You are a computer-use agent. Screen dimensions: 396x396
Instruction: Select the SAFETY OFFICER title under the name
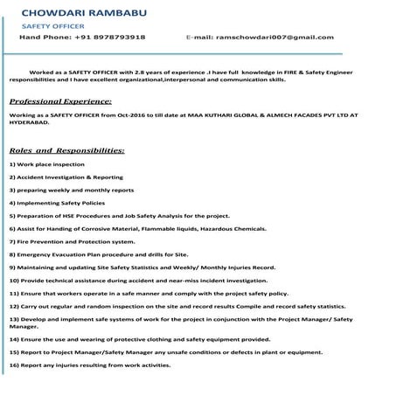52,27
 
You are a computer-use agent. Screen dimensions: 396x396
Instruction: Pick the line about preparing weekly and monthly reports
72,189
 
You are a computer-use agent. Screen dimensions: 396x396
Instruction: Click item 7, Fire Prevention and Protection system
72,240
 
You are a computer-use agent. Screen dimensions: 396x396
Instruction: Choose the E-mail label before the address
201,38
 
